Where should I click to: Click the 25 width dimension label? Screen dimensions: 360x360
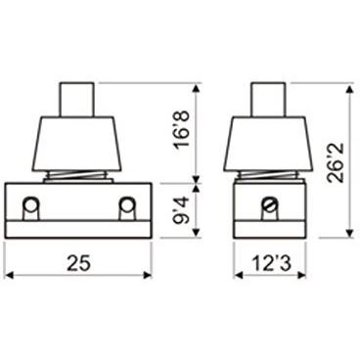(78, 263)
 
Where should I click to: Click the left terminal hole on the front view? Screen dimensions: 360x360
(30, 204)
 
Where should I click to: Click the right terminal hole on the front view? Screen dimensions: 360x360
(126, 204)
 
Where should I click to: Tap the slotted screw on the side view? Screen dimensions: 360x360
(270, 204)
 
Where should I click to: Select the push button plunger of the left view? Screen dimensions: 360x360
(77, 100)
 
